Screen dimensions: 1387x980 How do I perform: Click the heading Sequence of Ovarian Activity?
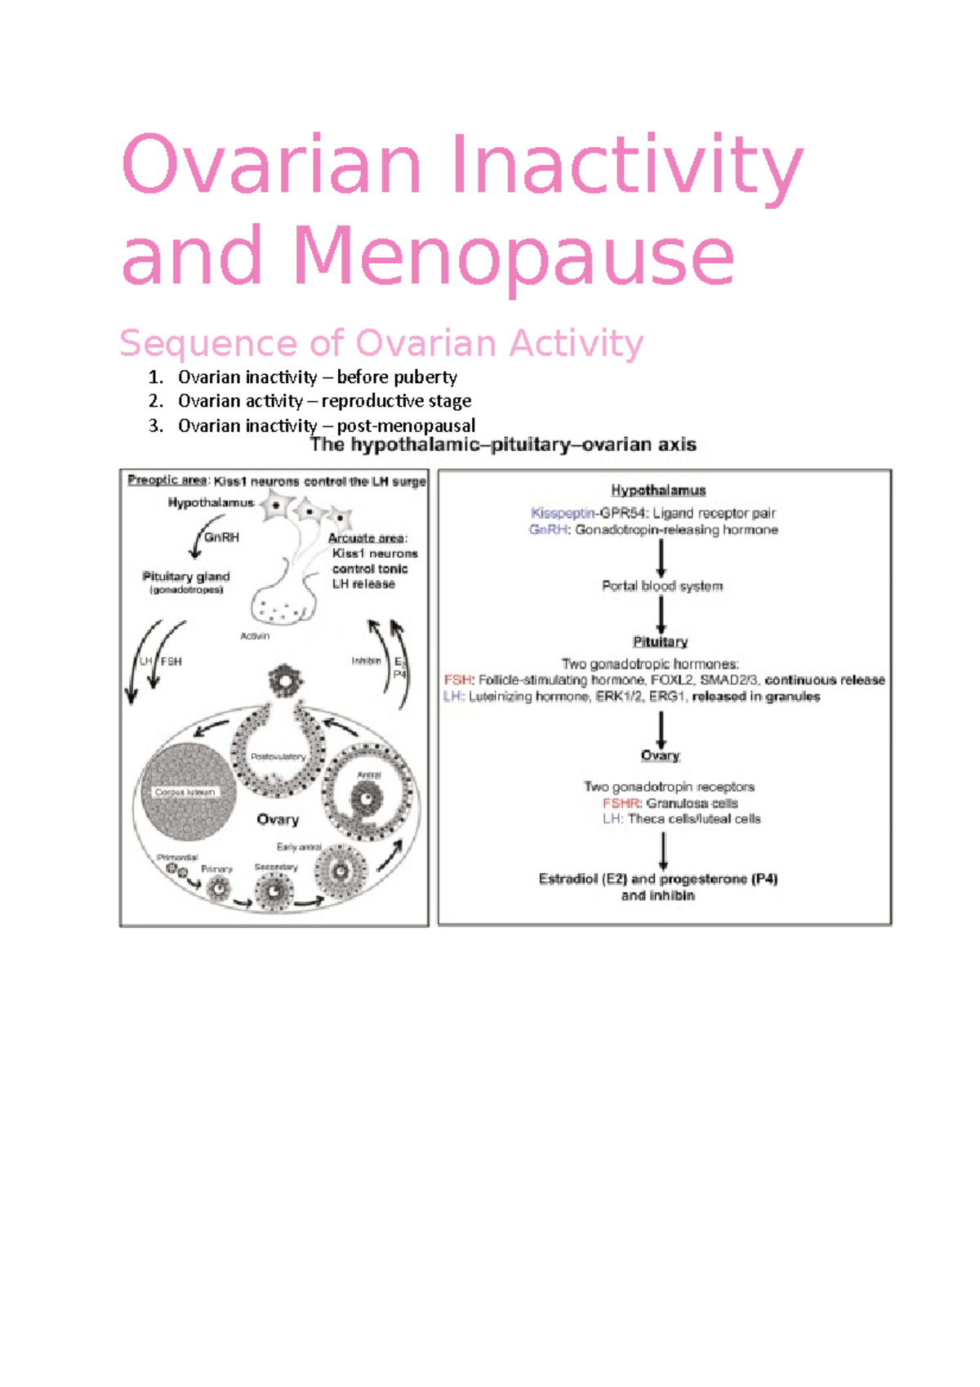381,343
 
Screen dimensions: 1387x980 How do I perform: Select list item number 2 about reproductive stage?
324,401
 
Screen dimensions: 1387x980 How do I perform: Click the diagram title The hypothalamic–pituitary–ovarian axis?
503,445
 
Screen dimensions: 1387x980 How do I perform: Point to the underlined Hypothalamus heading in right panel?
658,490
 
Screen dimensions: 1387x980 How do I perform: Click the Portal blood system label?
662,586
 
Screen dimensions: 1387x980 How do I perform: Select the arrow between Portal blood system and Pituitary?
661,614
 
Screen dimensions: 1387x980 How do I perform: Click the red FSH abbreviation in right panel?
457,680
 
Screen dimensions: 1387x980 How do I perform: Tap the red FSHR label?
621,803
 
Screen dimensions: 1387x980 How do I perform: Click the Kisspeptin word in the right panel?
562,513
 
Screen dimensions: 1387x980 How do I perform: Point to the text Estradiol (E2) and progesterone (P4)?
658,879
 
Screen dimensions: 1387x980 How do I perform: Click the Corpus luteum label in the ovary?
185,792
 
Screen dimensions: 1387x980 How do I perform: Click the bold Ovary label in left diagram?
278,819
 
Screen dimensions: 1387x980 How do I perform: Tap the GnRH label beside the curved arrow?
221,537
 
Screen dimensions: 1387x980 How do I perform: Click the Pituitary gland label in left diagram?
186,576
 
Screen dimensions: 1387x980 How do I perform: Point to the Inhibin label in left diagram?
366,661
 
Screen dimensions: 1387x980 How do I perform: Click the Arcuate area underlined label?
367,537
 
